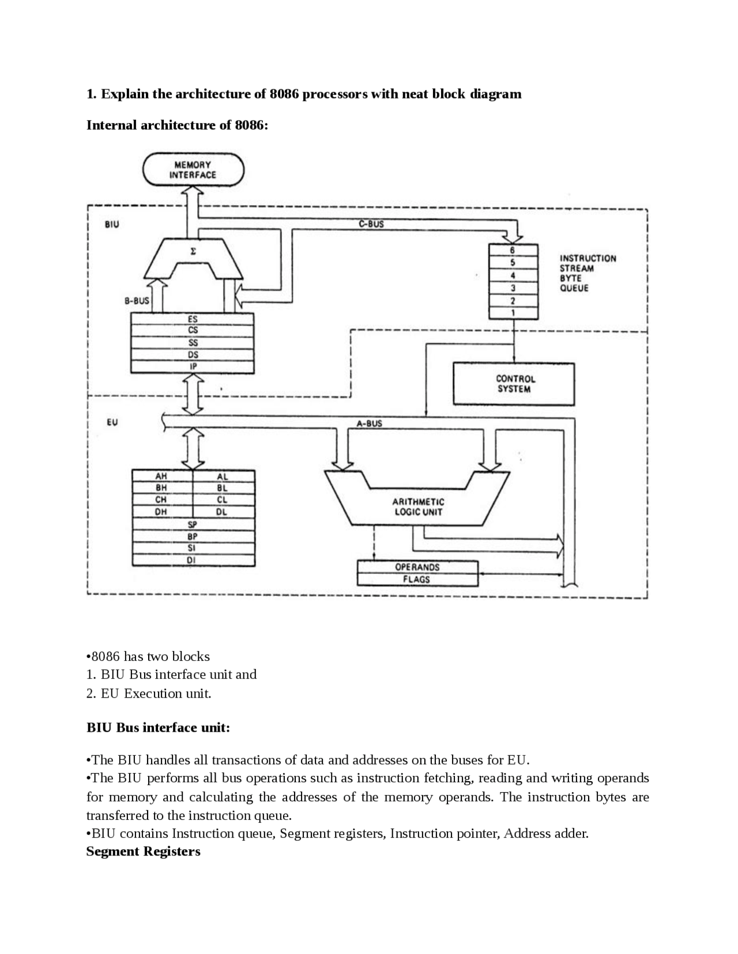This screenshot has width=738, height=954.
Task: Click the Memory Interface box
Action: coord(193,170)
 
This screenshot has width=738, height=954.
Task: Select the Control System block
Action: coord(514,384)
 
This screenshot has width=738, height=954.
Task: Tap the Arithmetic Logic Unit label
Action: coord(419,507)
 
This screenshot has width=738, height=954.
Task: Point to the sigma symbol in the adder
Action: coord(193,252)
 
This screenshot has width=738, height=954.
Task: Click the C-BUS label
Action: coord(371,224)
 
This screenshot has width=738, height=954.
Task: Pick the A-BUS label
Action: coord(369,423)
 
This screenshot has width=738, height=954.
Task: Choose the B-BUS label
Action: coord(137,300)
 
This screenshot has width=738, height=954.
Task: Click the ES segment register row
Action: coord(193,319)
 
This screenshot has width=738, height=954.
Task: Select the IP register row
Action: coord(193,367)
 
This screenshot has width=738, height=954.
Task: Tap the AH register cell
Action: coord(161,476)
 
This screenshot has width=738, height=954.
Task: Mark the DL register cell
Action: coord(222,512)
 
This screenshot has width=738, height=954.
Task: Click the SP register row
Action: coord(193,524)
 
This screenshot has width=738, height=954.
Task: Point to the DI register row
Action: coord(193,560)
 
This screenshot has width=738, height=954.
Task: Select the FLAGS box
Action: coord(417,580)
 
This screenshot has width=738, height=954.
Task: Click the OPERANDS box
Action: coord(417,567)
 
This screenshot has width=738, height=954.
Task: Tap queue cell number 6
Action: coord(513,251)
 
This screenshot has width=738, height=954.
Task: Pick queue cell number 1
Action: coord(513,313)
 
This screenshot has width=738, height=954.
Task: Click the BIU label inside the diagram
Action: coord(112,224)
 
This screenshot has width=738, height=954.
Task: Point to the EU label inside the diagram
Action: coord(112,422)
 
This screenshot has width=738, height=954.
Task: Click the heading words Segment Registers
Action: coord(143,851)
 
